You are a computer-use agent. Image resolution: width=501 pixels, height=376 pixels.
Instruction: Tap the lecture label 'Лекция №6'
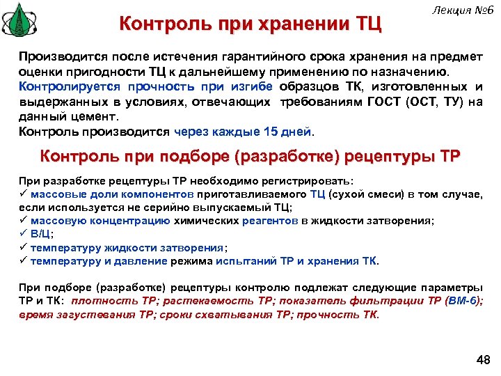(x=461, y=10)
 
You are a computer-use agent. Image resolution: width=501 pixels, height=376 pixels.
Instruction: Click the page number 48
(x=481, y=359)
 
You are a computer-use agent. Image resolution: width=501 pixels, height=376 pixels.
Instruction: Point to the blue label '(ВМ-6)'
(x=463, y=301)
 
